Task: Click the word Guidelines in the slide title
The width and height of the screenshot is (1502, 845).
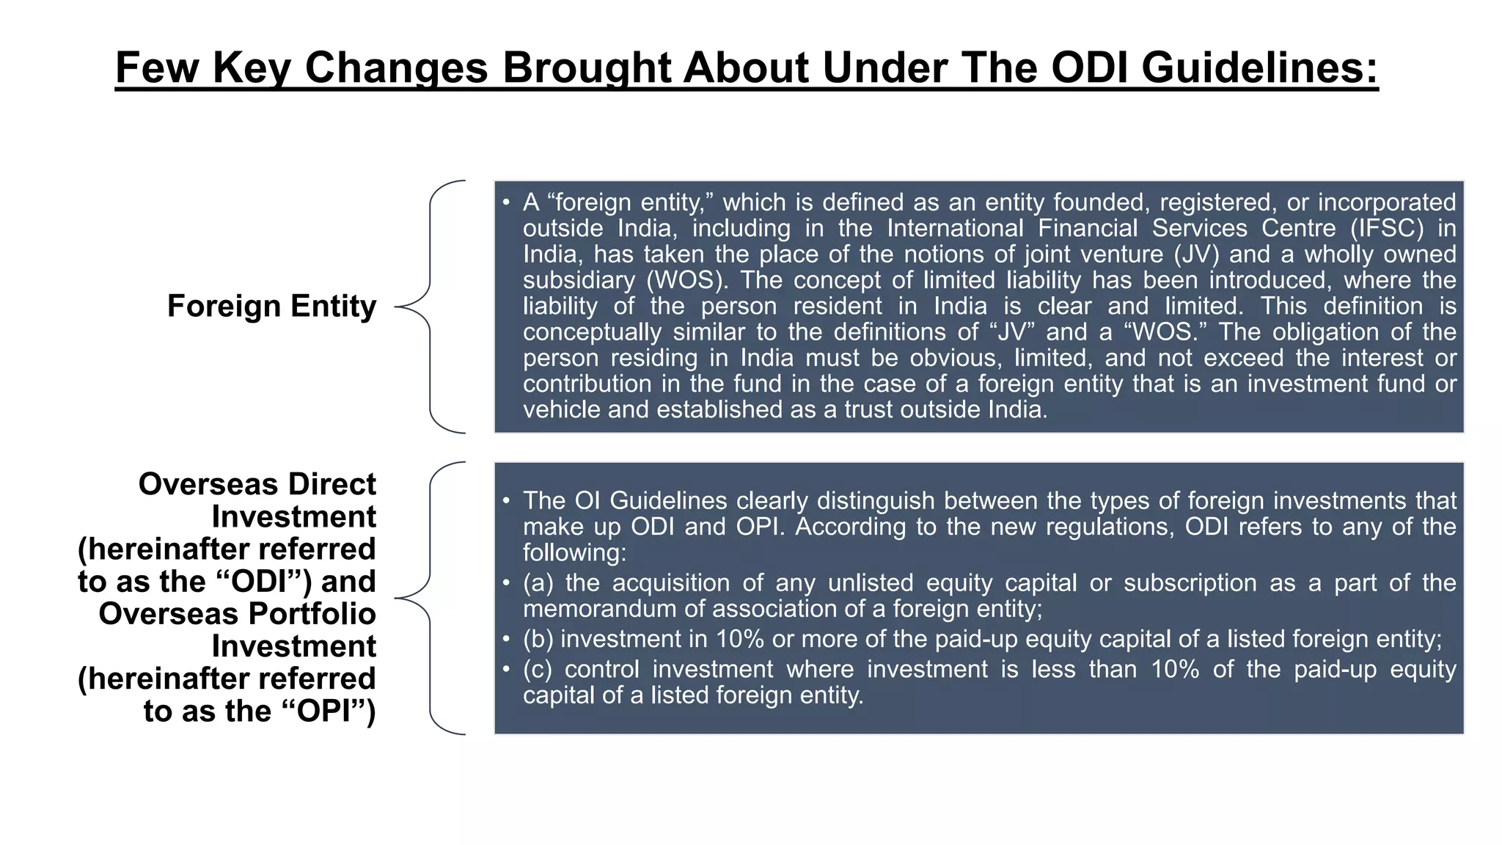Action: pyautogui.click(x=1259, y=67)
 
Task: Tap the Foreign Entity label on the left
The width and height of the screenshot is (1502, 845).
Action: pyautogui.click(x=271, y=306)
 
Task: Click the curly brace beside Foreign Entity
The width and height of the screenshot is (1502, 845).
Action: pyautogui.click(x=430, y=307)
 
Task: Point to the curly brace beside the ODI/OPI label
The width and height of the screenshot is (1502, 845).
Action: pyautogui.click(x=430, y=598)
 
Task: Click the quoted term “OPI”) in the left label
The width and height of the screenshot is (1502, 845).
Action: pyautogui.click(x=329, y=711)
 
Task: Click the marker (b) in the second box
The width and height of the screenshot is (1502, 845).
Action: pyautogui.click(x=539, y=639)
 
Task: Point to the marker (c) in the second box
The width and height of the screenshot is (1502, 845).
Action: pyautogui.click(x=538, y=669)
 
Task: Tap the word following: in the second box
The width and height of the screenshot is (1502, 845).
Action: pyautogui.click(x=575, y=552)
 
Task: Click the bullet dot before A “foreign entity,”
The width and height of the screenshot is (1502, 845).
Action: pyautogui.click(x=506, y=202)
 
